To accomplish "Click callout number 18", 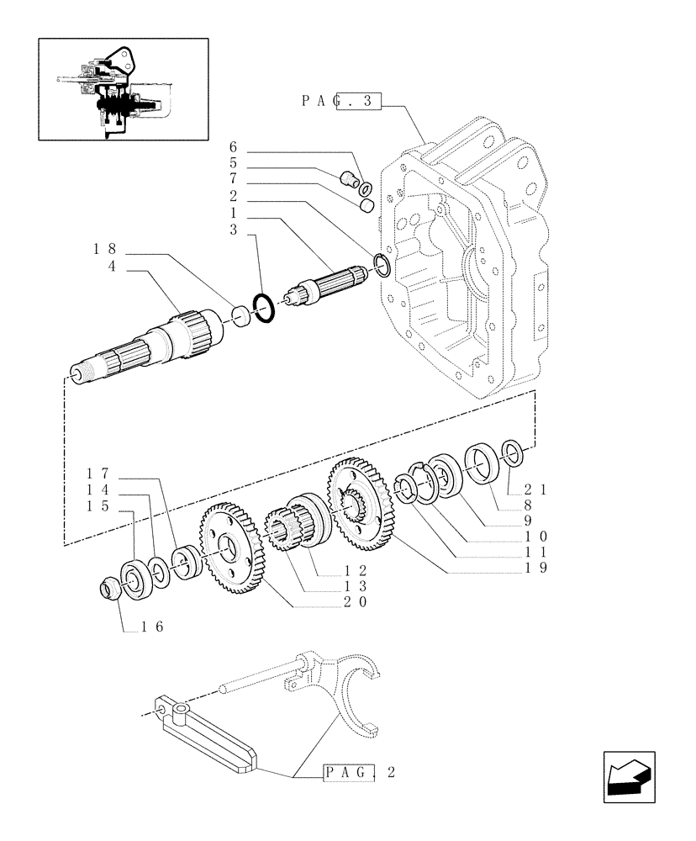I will pos(107,249).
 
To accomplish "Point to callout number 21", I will pos(534,489).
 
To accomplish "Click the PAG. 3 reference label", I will pos(340,102).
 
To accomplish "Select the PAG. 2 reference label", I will pos(357,772).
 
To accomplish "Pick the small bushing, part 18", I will pos(240,315).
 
